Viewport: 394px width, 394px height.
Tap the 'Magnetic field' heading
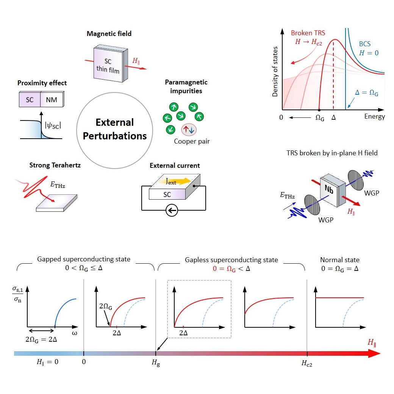[109, 34]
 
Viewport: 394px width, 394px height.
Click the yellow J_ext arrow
[178, 181]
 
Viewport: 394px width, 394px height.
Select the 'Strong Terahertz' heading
[55, 165]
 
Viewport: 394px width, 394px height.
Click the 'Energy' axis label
[374, 116]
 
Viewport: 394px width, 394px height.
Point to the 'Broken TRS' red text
[308, 33]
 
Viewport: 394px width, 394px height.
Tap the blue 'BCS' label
[364, 44]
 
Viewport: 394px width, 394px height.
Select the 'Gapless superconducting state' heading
[231, 260]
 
